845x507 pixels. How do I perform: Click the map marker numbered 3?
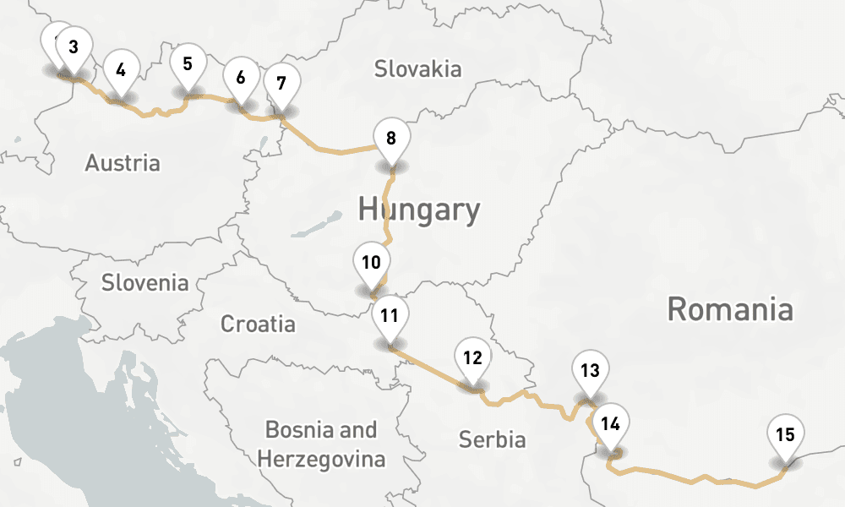tap(74, 48)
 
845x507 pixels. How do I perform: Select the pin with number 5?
tap(188, 64)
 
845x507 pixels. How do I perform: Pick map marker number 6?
tap(241, 79)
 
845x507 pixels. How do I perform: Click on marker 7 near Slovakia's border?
tap(281, 84)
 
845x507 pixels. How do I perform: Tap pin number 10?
tap(371, 263)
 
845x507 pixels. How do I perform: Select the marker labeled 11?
tap(390, 318)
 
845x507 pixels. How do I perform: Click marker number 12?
tap(472, 358)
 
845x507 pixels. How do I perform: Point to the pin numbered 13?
tap(590, 371)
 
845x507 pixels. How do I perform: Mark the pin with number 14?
tap(611, 424)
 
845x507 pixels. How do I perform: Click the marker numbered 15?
tap(785, 436)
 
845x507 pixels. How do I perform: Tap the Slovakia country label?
tap(418, 68)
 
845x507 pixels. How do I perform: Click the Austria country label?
tap(123, 162)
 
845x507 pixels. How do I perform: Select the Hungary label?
tap(419, 209)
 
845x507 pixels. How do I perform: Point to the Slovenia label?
tap(145, 282)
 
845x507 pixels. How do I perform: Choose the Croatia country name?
tap(259, 324)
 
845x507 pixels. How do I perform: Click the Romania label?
tap(730, 309)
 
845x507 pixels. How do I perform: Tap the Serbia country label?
tap(492, 439)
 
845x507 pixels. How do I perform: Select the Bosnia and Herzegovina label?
tap(321, 444)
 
